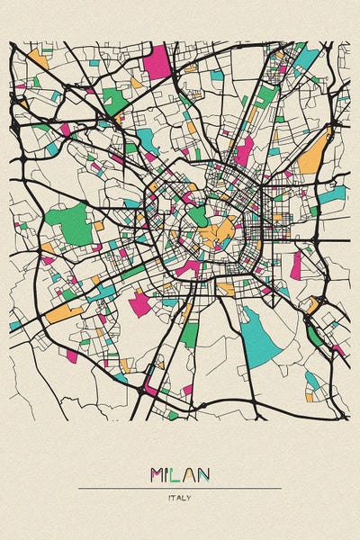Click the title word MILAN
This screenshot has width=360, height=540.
click(x=180, y=474)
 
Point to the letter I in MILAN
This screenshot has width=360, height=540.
click(x=171, y=474)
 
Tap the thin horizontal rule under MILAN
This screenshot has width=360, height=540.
click(x=180, y=488)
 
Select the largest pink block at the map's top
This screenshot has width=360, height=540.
click(x=157, y=61)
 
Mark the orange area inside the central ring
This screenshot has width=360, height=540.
click(x=214, y=237)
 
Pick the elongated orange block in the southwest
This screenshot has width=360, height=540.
click(x=63, y=313)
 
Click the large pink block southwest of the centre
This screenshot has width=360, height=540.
click(x=139, y=303)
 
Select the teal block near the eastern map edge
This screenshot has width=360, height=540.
click(x=332, y=193)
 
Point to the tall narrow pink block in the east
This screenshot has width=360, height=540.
click(x=295, y=265)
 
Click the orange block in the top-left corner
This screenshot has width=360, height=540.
click(x=38, y=60)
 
